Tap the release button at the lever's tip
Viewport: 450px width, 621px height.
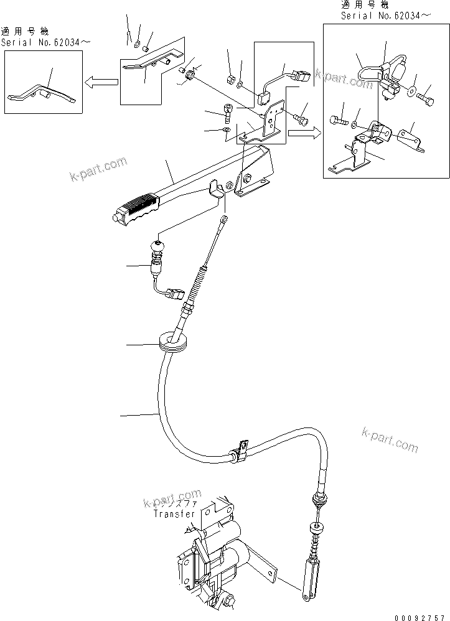point(116,217)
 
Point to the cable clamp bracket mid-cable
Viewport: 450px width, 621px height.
point(240,452)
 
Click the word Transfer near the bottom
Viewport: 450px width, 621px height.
point(174,514)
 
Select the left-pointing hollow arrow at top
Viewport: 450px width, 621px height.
point(101,82)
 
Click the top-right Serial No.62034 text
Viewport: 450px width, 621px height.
point(385,15)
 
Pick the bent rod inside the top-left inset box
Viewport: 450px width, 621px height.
point(41,93)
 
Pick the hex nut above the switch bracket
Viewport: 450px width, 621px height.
point(228,80)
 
